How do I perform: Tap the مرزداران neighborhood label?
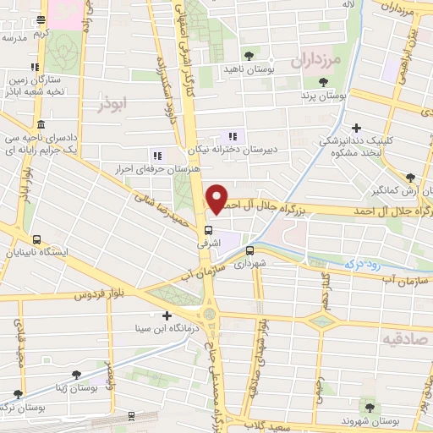click(x=314, y=61)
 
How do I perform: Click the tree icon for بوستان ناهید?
click(x=248, y=55)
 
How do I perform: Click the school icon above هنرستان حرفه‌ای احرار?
click(x=156, y=155)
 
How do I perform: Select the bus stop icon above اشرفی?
click(x=209, y=229)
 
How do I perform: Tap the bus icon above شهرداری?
click(x=249, y=250)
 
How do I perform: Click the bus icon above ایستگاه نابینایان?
click(x=36, y=238)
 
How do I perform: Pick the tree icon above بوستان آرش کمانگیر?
click(x=410, y=178)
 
